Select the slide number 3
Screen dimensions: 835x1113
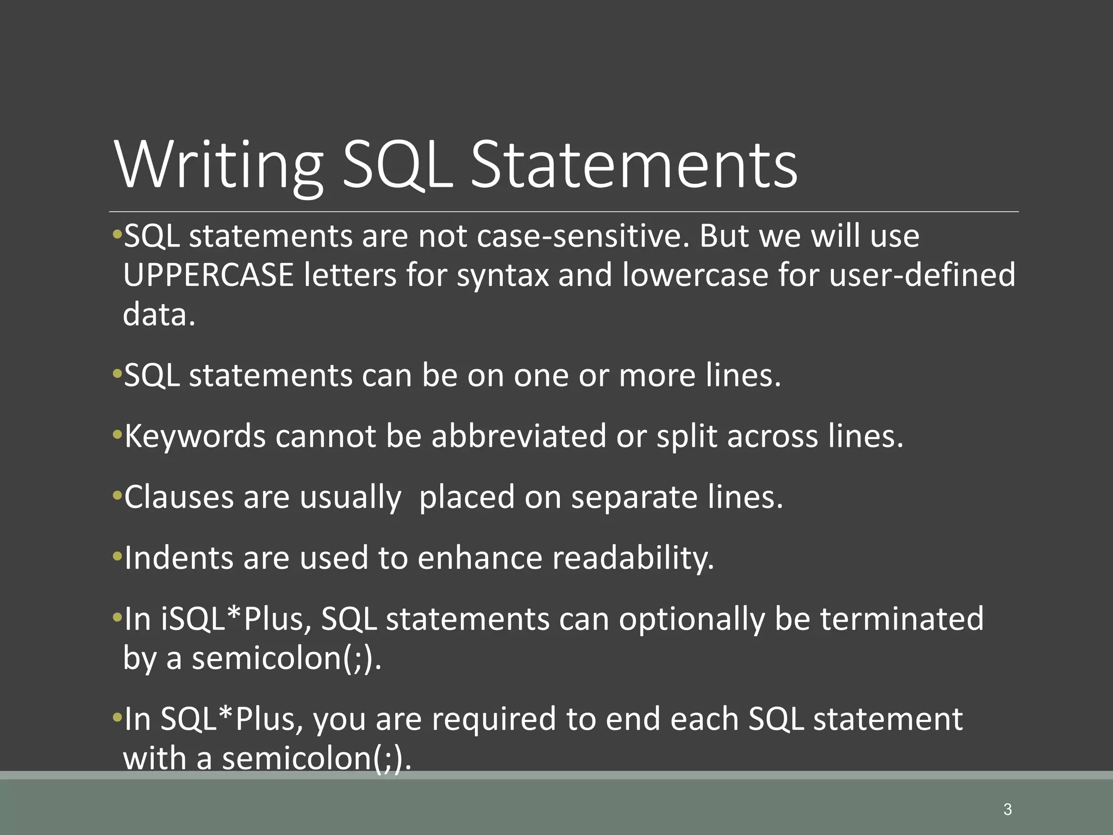[x=1008, y=809]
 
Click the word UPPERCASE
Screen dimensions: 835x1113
[x=208, y=275]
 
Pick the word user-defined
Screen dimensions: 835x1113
[x=922, y=275]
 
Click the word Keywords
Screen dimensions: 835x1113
[x=195, y=437]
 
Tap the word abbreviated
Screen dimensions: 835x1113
[x=518, y=437]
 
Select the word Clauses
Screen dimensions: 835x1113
[x=179, y=497]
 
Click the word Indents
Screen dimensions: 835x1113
[x=179, y=558]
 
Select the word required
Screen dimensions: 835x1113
[x=493, y=719]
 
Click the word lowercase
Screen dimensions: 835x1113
[x=695, y=275]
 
